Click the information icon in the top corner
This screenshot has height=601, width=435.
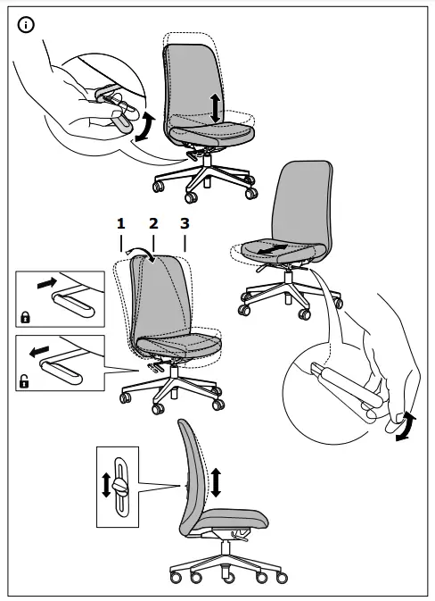(26, 25)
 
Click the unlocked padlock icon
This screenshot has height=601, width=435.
(23, 382)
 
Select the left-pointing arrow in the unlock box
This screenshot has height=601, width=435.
(37, 352)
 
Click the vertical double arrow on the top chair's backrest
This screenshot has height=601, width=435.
(215, 107)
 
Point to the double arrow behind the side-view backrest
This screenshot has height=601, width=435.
(215, 480)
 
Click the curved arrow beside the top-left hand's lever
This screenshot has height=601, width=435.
(145, 126)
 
